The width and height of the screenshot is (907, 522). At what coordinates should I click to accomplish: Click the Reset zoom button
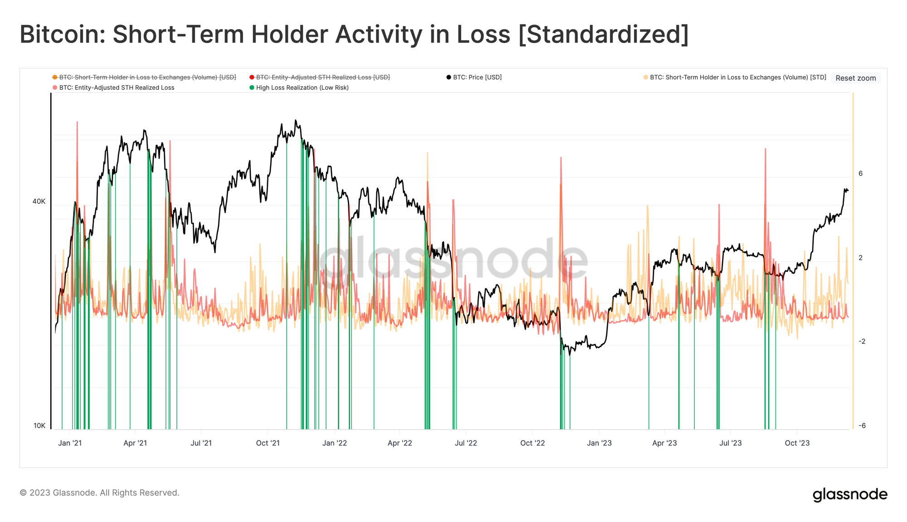[855, 78]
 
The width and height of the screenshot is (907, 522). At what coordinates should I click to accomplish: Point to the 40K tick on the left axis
[39, 201]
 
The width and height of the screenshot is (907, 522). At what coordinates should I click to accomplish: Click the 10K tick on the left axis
[39, 425]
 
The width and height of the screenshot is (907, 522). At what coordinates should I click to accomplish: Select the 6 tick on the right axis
[860, 174]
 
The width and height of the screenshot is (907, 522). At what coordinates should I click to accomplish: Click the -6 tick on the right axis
[862, 425]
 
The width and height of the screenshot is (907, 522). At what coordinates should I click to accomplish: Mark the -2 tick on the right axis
[862, 342]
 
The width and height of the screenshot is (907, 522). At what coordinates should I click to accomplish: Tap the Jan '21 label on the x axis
[70, 443]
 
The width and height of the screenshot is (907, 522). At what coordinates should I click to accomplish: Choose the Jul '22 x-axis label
[466, 443]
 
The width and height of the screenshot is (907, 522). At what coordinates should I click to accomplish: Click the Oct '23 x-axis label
[797, 443]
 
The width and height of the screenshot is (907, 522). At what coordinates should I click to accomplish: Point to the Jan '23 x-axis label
[599, 443]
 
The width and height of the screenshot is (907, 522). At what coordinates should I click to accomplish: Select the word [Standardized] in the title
[603, 34]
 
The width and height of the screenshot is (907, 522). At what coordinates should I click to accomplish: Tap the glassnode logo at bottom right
[850, 494]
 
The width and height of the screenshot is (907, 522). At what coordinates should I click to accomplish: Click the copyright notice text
[99, 493]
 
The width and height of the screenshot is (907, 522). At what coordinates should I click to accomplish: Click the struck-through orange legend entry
[147, 77]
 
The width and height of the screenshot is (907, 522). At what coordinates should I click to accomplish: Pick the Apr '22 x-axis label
[400, 443]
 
